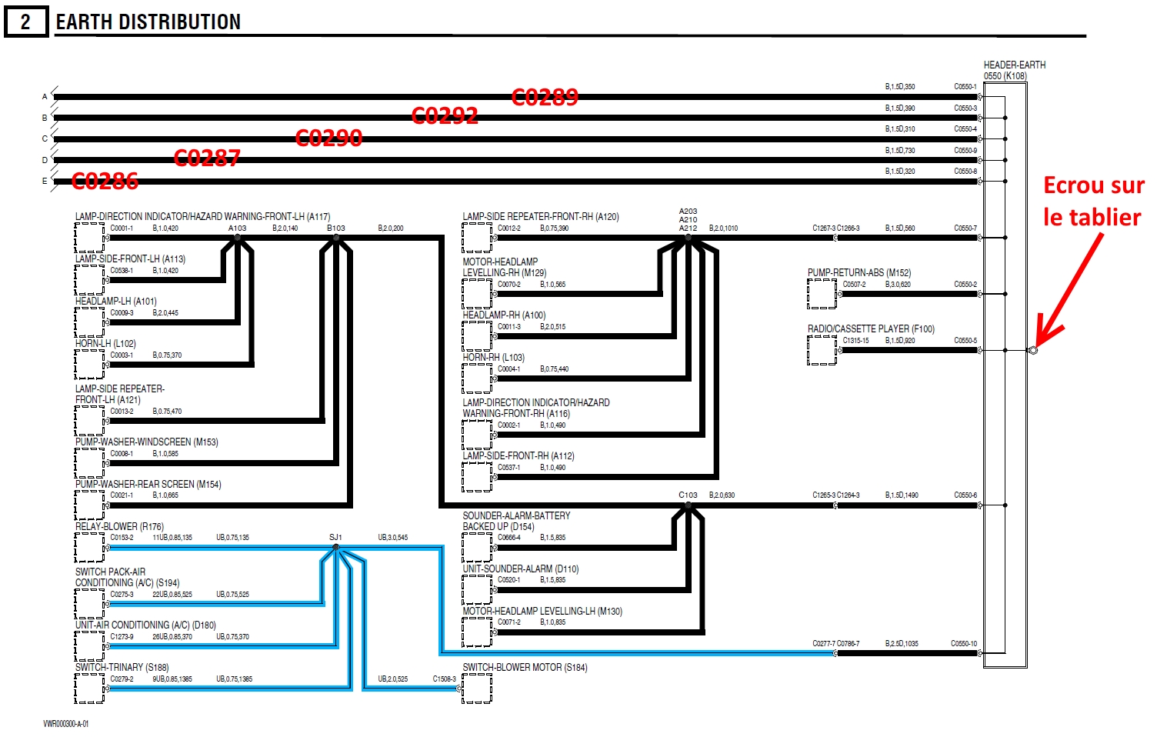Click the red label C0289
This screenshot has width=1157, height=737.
point(545,97)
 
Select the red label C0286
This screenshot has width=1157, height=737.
point(105,182)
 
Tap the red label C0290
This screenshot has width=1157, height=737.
point(328,138)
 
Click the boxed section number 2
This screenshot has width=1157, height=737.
point(25,22)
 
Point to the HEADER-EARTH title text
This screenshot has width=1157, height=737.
point(1014,65)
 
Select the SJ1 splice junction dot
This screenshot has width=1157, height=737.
point(335,548)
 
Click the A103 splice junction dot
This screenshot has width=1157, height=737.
point(237,238)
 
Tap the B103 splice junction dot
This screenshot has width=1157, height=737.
point(335,238)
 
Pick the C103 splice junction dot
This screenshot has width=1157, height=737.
point(688,505)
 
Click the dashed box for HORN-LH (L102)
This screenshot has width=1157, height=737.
point(89,364)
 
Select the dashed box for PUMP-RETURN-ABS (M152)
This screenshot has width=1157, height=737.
point(822,293)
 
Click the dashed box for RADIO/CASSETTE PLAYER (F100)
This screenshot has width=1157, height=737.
point(822,350)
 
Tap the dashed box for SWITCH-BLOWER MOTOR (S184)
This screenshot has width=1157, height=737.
point(477,689)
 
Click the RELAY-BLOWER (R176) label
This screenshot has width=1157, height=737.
point(119,527)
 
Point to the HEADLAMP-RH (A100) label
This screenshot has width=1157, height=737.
point(504,315)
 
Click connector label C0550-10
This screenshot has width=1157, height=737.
point(964,644)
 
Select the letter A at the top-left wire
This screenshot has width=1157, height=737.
point(45,97)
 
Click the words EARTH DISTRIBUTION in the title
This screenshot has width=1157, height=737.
point(148,22)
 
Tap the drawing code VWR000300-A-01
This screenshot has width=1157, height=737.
point(65,724)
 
